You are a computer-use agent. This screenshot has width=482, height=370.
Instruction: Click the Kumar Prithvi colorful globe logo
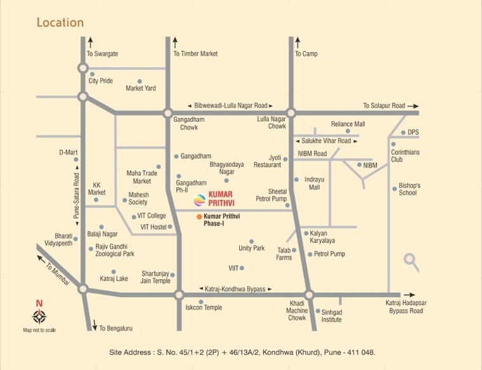[x=200, y=201]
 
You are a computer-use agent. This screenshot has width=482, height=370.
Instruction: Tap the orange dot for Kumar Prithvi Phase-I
[x=199, y=217]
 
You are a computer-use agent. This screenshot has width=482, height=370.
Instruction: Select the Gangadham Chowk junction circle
[x=167, y=113]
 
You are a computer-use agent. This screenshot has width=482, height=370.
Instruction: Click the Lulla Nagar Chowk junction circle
[x=291, y=113]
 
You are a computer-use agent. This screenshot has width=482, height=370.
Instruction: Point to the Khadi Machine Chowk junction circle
[x=309, y=294]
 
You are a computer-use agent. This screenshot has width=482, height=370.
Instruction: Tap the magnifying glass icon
[x=411, y=260]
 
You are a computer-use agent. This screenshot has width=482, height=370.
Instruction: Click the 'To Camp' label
[x=306, y=54]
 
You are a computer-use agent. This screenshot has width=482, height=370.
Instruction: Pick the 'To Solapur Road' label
[x=384, y=105]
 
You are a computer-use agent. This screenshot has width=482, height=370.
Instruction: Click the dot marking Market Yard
[x=140, y=81]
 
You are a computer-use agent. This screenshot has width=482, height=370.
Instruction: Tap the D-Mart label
[x=68, y=152]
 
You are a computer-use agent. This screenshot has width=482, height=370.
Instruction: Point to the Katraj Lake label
[x=114, y=279]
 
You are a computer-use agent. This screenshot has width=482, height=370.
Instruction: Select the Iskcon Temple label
[x=204, y=307]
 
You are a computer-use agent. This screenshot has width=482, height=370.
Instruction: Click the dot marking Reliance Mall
[x=348, y=131]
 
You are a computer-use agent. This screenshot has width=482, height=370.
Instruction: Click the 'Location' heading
[x=60, y=23]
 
